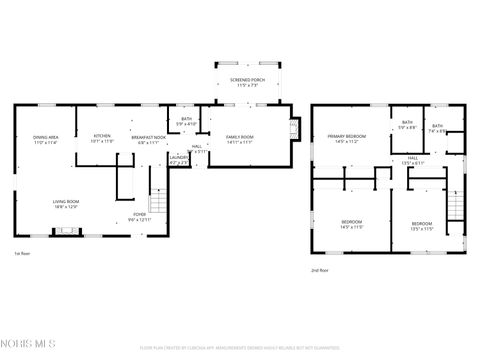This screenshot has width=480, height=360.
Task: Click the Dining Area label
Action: pos(44,139)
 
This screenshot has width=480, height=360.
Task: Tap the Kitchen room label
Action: pos(103,137)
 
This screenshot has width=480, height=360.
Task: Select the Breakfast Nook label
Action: pos(146,139)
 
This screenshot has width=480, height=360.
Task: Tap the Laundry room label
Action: pos(179,158)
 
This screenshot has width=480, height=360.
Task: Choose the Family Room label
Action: pos(240,138)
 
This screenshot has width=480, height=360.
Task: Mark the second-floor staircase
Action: pos(455,206)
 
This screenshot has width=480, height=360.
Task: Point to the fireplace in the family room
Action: pos(293,127)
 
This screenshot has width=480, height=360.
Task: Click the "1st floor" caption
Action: pos(22,254)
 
